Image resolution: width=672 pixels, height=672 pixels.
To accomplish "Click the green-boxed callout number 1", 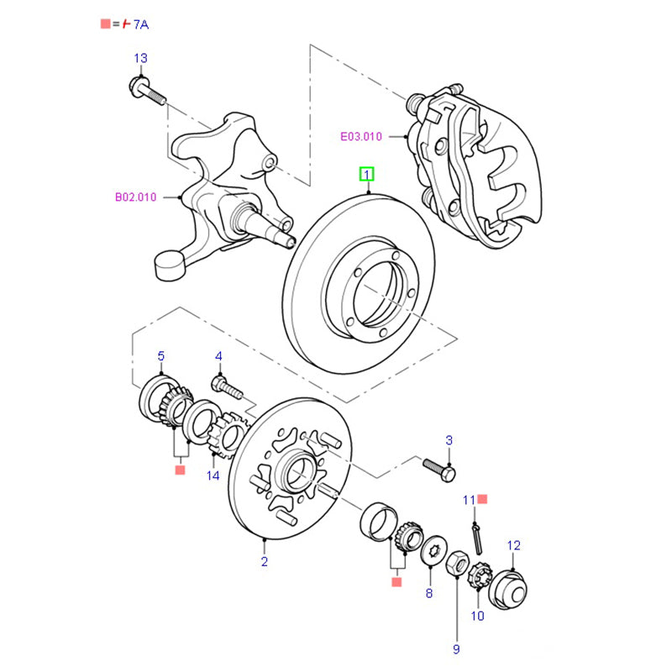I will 366,175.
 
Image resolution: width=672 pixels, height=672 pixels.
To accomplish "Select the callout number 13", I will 140,58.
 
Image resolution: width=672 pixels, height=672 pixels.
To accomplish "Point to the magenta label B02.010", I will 135,198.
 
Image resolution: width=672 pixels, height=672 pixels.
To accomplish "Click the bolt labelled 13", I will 146,89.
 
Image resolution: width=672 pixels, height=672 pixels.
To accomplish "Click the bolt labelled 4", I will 226,388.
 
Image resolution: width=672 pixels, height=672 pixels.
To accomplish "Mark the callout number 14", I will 213,475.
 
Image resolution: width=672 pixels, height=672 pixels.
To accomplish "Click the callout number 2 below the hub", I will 264,561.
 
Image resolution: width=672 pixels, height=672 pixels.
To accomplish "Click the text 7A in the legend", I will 141,25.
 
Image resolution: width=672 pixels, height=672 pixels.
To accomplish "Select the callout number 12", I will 513,545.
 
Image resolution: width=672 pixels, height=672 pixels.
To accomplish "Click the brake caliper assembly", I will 475,164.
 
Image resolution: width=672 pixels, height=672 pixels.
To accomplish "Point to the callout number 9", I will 457,648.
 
